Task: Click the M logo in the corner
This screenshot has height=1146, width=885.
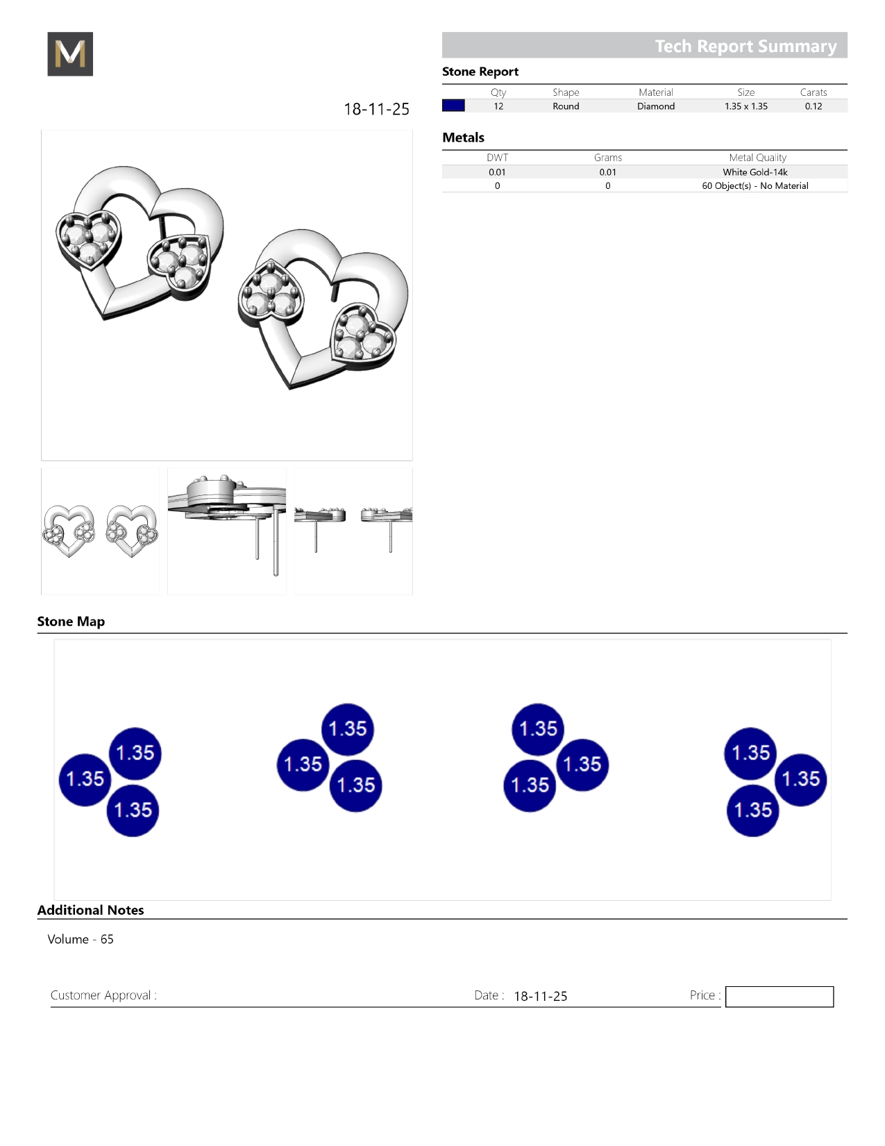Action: [70, 53]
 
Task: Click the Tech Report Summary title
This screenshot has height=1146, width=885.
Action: [745, 47]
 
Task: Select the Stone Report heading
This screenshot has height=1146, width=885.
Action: [480, 72]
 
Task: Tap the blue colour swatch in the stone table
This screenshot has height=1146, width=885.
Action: [453, 106]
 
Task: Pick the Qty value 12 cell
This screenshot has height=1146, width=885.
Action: [498, 106]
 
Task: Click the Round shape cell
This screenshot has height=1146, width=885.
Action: [566, 106]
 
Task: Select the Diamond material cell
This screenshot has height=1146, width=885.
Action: [656, 106]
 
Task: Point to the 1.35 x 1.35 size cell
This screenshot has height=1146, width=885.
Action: [746, 106]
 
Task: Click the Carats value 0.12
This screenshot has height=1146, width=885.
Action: [814, 106]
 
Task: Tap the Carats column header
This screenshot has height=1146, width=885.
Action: [814, 92]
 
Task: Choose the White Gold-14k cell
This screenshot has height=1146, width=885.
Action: [755, 172]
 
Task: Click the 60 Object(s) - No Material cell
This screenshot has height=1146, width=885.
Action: [755, 186]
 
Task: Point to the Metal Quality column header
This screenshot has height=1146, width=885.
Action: [757, 158]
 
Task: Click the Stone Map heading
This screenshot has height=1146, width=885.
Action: [71, 621]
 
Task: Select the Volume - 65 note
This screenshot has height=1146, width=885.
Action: [80, 939]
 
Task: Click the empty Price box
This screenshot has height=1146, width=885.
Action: [779, 997]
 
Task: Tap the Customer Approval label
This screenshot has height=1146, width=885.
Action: [103, 995]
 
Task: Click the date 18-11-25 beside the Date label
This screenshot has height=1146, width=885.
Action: [540, 996]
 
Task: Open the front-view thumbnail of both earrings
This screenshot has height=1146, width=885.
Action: [100, 531]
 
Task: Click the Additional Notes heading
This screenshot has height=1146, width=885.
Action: [90, 911]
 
